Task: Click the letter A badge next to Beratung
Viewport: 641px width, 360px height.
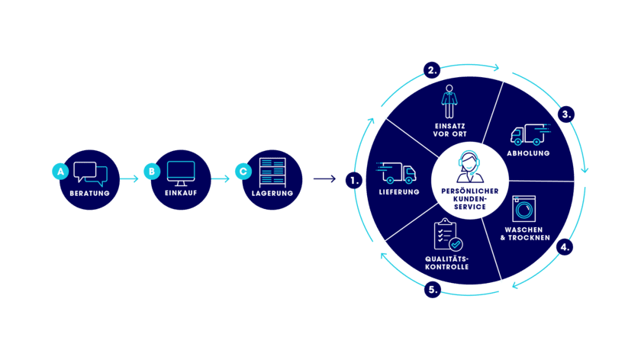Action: [x=61, y=172]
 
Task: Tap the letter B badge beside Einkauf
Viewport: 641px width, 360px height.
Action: [x=152, y=172]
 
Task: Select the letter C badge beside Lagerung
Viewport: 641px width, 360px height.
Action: [x=243, y=172]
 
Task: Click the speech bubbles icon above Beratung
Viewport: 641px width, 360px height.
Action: [x=91, y=174]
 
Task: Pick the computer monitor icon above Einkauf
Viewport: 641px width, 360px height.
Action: [x=181, y=173]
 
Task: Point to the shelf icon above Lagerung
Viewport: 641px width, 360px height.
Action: [x=272, y=172]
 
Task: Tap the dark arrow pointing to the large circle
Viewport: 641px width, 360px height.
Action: [x=324, y=179]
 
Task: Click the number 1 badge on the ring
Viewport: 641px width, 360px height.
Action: [x=353, y=181]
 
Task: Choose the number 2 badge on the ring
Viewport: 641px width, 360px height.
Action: [x=432, y=71]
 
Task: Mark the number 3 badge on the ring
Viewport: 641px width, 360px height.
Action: [x=565, y=114]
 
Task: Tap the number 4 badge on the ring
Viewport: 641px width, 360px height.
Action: [x=565, y=247]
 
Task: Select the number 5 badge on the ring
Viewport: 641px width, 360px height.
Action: [x=433, y=290]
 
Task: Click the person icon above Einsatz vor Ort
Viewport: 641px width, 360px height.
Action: [x=449, y=101]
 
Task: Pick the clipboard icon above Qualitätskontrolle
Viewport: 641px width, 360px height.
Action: [x=448, y=235]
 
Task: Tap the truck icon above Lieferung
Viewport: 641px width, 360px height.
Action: [x=397, y=173]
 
